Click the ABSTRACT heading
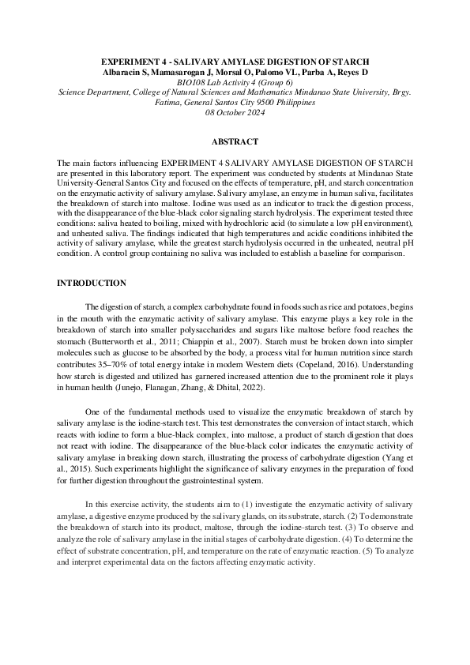point(235,142)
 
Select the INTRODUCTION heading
point(91,283)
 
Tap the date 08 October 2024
point(235,112)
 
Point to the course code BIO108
point(192,82)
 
